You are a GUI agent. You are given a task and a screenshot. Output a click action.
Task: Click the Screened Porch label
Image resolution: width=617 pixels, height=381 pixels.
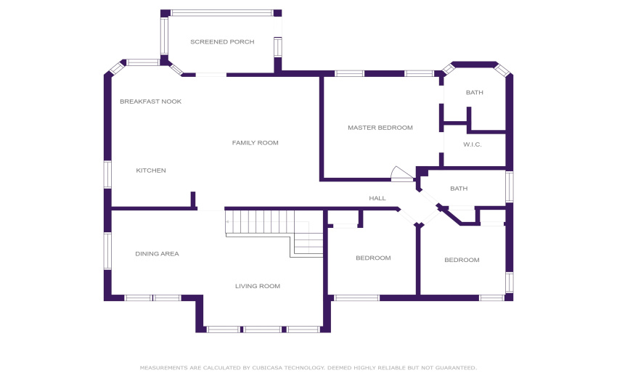(x=222, y=41)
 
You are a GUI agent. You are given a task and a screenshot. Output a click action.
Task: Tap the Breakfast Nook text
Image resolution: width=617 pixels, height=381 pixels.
(x=151, y=102)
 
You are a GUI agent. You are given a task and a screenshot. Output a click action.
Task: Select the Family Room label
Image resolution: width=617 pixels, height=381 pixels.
(x=255, y=143)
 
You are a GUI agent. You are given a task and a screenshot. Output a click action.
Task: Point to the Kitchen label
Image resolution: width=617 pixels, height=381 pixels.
(x=151, y=171)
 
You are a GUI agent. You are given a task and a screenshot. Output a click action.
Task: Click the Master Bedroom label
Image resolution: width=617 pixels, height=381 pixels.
(x=380, y=128)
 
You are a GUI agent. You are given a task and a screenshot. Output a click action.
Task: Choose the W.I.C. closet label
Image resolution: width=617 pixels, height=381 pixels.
(x=473, y=144)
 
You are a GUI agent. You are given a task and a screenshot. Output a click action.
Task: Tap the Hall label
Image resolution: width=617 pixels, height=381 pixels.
(x=377, y=198)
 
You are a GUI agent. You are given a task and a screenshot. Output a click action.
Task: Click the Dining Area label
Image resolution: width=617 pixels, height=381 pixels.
(x=157, y=254)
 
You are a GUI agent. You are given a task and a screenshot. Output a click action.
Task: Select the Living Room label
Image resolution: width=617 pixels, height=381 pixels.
(x=258, y=286)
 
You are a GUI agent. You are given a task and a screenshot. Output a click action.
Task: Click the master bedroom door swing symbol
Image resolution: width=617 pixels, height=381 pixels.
(x=402, y=173)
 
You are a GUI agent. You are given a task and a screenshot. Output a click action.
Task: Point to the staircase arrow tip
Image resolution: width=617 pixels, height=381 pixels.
(x=227, y=222)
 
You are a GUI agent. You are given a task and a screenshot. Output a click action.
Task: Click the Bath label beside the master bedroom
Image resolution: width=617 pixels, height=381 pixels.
(x=475, y=92)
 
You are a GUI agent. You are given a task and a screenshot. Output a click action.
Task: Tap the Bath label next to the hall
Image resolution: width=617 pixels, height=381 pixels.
(x=459, y=189)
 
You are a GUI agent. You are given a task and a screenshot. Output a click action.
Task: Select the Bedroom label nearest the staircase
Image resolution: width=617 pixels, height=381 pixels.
(x=373, y=258)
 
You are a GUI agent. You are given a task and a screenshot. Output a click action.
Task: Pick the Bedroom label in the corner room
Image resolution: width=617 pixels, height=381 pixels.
(x=462, y=260)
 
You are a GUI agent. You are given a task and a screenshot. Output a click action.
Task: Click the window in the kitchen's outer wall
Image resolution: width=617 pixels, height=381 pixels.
(x=107, y=174)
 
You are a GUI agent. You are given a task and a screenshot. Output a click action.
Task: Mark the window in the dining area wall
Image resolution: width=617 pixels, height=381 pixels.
(x=107, y=250)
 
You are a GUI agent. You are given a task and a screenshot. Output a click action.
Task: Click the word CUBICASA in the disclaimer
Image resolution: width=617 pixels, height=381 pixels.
(x=267, y=368)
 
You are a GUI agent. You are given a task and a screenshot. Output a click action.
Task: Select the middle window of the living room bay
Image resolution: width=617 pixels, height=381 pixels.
(x=262, y=329)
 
